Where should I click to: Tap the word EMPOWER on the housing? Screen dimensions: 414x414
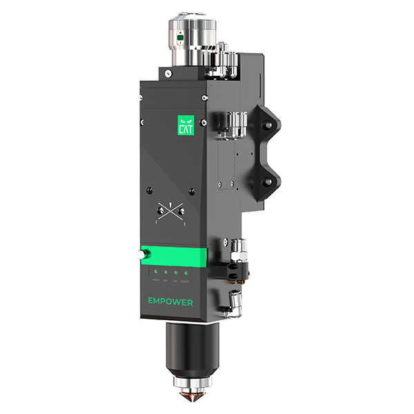[x=170, y=301]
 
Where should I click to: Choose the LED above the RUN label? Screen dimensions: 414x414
[x=166, y=275]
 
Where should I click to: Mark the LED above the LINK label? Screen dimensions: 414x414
[x=175, y=275]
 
